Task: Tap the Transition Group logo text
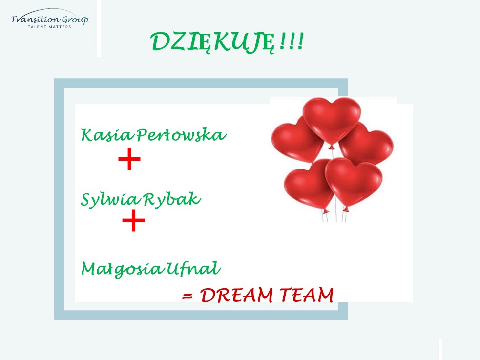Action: point(50,20)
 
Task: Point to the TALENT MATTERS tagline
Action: point(49,27)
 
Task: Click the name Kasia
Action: point(107,135)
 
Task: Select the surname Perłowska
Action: point(182,135)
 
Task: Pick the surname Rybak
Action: point(172,200)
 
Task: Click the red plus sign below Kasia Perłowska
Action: point(129,159)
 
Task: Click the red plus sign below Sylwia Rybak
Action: point(133,220)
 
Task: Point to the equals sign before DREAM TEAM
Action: point(188,296)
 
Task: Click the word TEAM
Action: point(307,295)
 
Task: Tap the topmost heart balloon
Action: point(332,119)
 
